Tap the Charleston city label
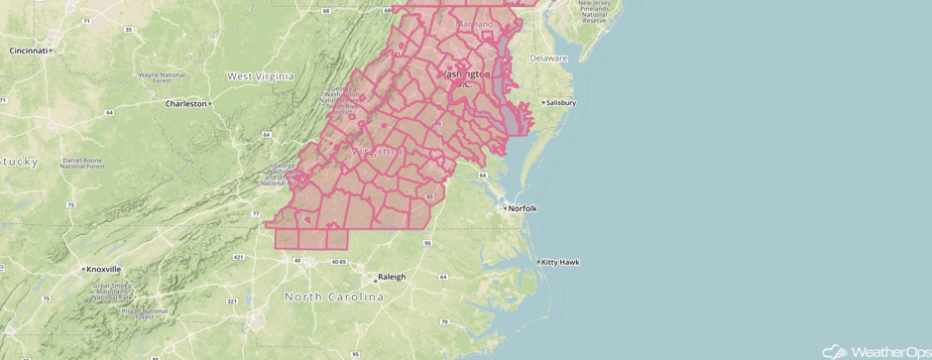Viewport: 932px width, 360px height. tap(185, 103)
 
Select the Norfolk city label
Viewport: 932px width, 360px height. tap(523, 208)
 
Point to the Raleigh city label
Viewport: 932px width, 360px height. tap(390, 277)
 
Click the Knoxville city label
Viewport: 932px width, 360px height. tap(103, 269)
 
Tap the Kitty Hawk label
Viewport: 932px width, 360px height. tap(561, 262)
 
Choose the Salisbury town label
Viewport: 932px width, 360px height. tap(561, 103)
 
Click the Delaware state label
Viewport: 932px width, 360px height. tap(548, 58)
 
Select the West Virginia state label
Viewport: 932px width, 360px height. tap(260, 76)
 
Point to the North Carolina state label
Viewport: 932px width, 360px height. tap(333, 298)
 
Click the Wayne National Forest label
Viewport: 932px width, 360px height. tap(163, 79)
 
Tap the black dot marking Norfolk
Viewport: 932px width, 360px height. tap(504, 208)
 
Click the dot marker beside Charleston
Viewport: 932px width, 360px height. tap(210, 103)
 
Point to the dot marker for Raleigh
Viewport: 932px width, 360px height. tap(371, 277)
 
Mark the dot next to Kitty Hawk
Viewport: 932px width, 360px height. tap(538, 262)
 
